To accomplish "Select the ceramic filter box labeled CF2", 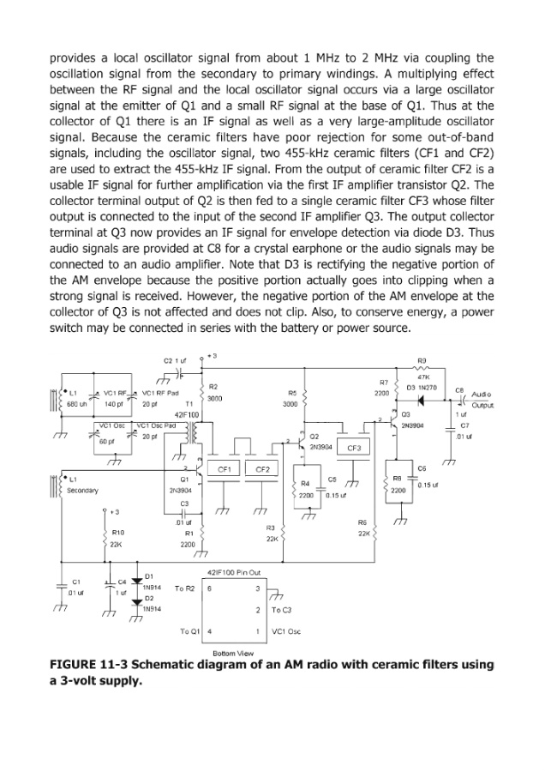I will tap(263, 469).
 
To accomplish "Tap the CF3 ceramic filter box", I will tap(355, 449).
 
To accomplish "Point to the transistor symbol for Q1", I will tap(196, 471).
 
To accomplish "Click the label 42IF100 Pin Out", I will tap(235, 571).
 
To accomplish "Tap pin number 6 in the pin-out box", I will tap(209, 588).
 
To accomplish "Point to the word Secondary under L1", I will tap(84, 491).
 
